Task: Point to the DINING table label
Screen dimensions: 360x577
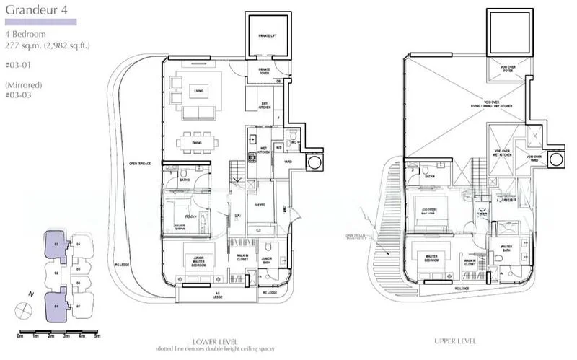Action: (x=196, y=142)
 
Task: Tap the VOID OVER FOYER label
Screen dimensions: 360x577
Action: (x=509, y=69)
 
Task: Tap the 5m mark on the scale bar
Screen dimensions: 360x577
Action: (x=97, y=336)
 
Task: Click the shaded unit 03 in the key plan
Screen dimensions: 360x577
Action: (x=56, y=243)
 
